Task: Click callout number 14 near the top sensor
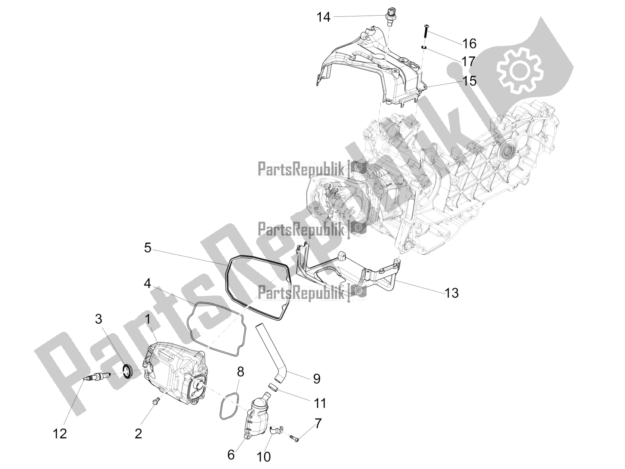[324, 17]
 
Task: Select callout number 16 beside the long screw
[469, 44]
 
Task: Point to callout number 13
[451, 293]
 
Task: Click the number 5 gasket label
[148, 248]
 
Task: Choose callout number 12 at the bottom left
[60, 434]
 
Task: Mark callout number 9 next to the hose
[317, 379]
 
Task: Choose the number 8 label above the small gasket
[241, 372]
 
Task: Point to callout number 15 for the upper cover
[469, 81]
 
